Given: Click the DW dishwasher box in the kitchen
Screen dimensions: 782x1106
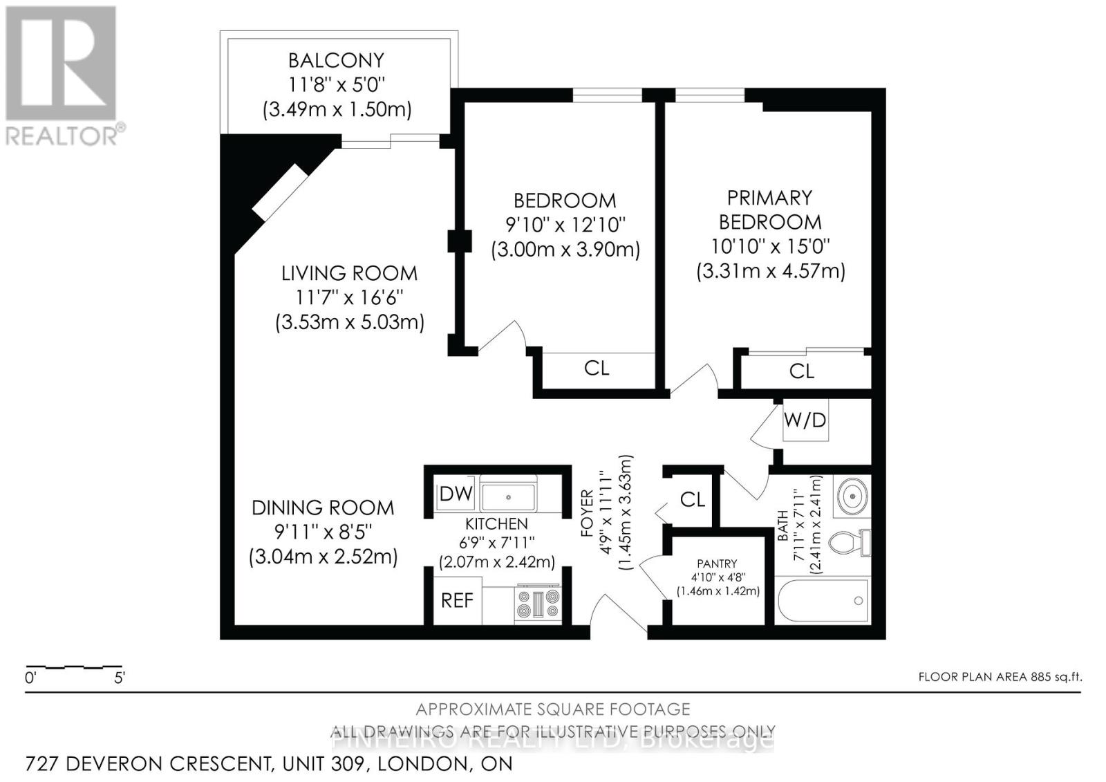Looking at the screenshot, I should point(456,494).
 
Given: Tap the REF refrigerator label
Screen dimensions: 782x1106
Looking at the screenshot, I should point(457,600).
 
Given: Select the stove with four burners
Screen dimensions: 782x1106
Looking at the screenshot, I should point(538,604).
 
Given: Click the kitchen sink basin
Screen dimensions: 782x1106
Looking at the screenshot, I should point(508,496).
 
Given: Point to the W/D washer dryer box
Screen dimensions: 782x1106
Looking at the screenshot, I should point(805,420).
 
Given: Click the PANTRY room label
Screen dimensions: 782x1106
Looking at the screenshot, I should point(717,564).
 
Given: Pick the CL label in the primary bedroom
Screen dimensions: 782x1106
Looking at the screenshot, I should point(802,371).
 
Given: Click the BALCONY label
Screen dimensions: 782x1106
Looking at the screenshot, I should point(336,60).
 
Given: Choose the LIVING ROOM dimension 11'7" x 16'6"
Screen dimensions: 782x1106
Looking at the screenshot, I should point(349,297).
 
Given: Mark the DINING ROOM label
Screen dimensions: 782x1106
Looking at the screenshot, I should point(323,508).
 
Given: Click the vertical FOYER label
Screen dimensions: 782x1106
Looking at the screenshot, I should point(587,513).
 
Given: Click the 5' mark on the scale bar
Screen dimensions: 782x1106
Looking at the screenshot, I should point(119,678).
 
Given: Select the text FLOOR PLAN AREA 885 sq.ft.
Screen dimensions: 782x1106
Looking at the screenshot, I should point(1000,677).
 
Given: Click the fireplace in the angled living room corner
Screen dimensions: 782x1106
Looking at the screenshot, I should point(280,192).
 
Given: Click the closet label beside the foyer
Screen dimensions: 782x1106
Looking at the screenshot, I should point(692,499).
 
